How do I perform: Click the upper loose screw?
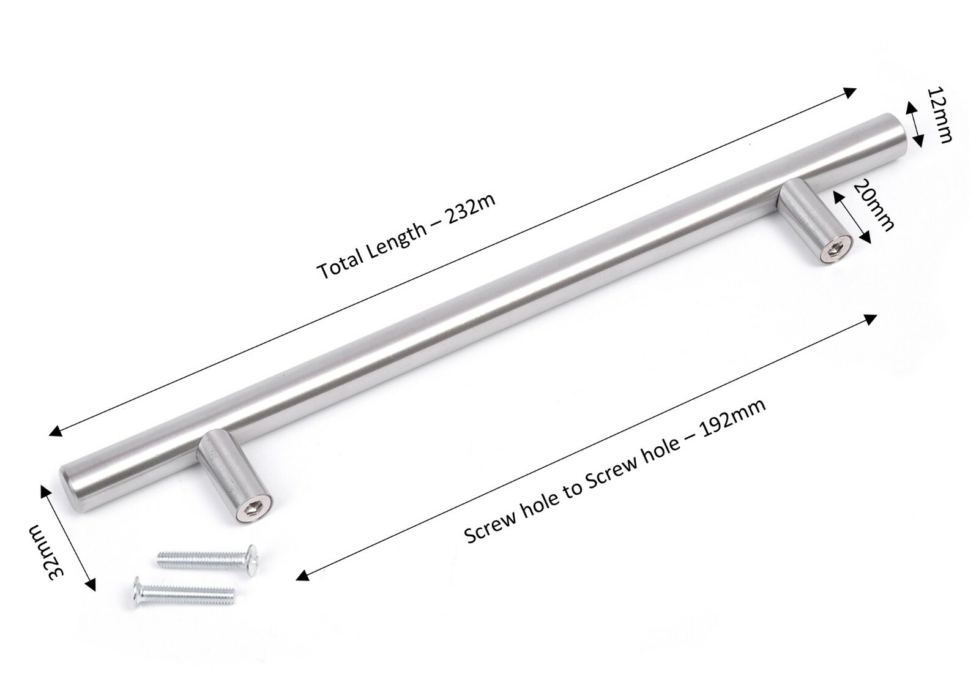208,556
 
